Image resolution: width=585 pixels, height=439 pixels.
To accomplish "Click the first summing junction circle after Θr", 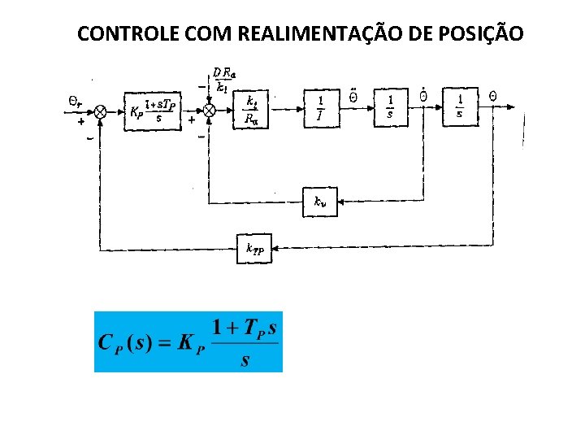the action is [x=101, y=111].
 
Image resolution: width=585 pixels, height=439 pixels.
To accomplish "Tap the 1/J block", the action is [x=321, y=106].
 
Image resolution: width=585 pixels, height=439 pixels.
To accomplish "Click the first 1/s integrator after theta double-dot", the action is [x=391, y=106].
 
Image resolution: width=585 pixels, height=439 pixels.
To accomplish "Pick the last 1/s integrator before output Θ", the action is [x=461, y=106].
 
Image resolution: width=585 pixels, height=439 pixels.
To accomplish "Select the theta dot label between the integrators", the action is [x=422, y=95].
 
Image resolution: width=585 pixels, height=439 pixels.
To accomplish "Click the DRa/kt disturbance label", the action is [x=223, y=79].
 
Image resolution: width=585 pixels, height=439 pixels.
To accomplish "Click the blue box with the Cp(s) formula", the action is [x=188, y=341].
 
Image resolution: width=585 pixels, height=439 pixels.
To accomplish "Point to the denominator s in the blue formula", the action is [x=245, y=360].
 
